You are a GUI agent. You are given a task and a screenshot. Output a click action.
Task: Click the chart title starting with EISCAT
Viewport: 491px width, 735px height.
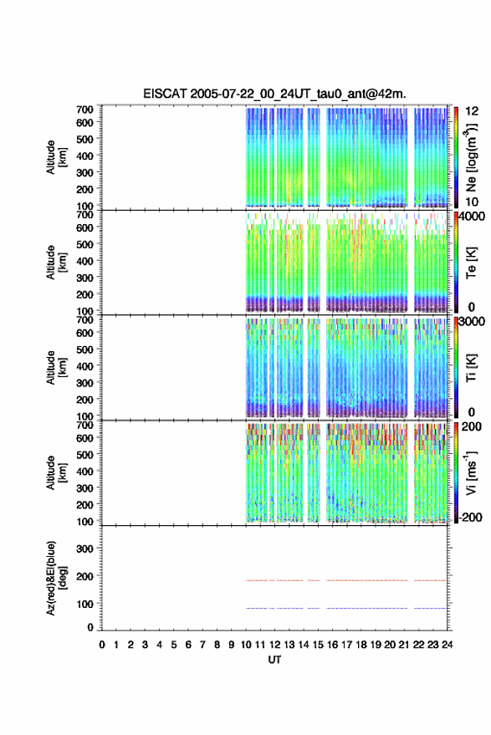(274, 94)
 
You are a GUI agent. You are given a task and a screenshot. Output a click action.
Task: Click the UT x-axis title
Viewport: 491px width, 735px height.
(274, 660)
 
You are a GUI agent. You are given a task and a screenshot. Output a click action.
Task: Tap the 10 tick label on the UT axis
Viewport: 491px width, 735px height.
(246, 645)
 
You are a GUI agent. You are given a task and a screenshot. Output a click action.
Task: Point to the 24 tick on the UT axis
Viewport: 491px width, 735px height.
(447, 645)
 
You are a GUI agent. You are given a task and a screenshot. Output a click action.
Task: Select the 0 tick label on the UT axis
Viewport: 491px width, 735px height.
(102, 645)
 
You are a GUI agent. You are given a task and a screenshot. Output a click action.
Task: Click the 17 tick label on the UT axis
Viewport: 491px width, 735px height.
(346, 645)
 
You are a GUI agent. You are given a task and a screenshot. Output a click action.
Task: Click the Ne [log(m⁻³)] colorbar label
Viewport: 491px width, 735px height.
(471, 157)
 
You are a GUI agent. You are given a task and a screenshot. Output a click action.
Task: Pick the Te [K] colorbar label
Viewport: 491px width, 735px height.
(471, 263)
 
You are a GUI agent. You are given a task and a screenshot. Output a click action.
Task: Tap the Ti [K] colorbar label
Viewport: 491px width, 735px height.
(471, 368)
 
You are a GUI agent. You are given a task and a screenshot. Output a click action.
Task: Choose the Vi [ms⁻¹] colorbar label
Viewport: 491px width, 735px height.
(471, 472)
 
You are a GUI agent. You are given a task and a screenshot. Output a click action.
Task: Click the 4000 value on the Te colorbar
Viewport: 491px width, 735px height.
(472, 217)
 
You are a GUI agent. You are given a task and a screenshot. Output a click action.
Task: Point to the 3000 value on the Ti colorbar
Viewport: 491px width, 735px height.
(472, 322)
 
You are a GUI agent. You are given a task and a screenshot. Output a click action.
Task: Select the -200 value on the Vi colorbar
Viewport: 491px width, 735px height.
(470, 518)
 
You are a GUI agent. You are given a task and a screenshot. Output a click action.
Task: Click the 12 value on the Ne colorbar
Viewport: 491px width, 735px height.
(472, 111)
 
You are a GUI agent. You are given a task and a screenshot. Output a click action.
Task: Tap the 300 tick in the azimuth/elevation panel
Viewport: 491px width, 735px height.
(84, 549)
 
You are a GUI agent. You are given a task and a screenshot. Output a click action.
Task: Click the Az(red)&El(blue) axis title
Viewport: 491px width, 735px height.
(56, 578)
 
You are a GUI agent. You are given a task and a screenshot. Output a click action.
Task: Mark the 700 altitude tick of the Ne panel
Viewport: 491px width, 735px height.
(84, 110)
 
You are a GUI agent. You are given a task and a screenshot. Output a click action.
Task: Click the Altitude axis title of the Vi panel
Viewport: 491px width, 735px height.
(56, 472)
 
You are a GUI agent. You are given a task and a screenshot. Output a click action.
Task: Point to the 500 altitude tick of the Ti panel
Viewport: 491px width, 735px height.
(84, 350)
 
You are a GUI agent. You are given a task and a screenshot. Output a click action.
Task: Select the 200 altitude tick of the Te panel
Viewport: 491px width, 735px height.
(84, 294)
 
